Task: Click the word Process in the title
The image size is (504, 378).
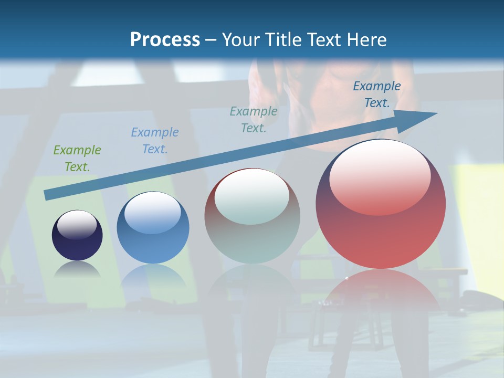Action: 165,39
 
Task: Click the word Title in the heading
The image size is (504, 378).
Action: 282,39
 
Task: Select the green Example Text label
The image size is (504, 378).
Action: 77,158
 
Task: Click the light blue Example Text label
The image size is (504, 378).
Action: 155,140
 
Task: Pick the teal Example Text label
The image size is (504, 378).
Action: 254,119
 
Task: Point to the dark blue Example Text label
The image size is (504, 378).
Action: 377,94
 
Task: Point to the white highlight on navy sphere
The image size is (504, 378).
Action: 77,224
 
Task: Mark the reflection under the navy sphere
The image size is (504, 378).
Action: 77,270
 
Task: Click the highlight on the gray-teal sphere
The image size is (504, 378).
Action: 252,195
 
